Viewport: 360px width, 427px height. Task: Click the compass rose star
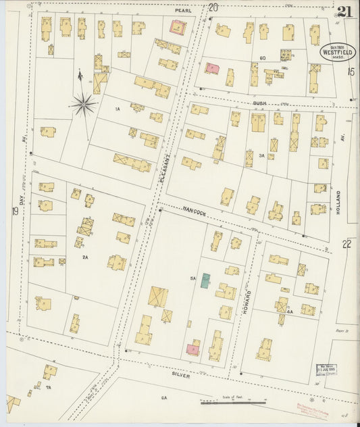click(x=83, y=103)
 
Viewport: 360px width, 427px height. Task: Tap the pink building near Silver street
click(x=193, y=349)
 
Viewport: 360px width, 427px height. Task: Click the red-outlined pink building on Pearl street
click(x=178, y=28)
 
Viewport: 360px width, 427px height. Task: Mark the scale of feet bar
click(x=232, y=403)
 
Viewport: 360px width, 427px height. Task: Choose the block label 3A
click(x=261, y=155)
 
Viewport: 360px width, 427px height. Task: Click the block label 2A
click(x=86, y=257)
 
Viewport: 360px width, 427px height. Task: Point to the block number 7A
click(x=49, y=388)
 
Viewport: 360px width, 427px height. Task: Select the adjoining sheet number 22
click(x=347, y=244)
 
